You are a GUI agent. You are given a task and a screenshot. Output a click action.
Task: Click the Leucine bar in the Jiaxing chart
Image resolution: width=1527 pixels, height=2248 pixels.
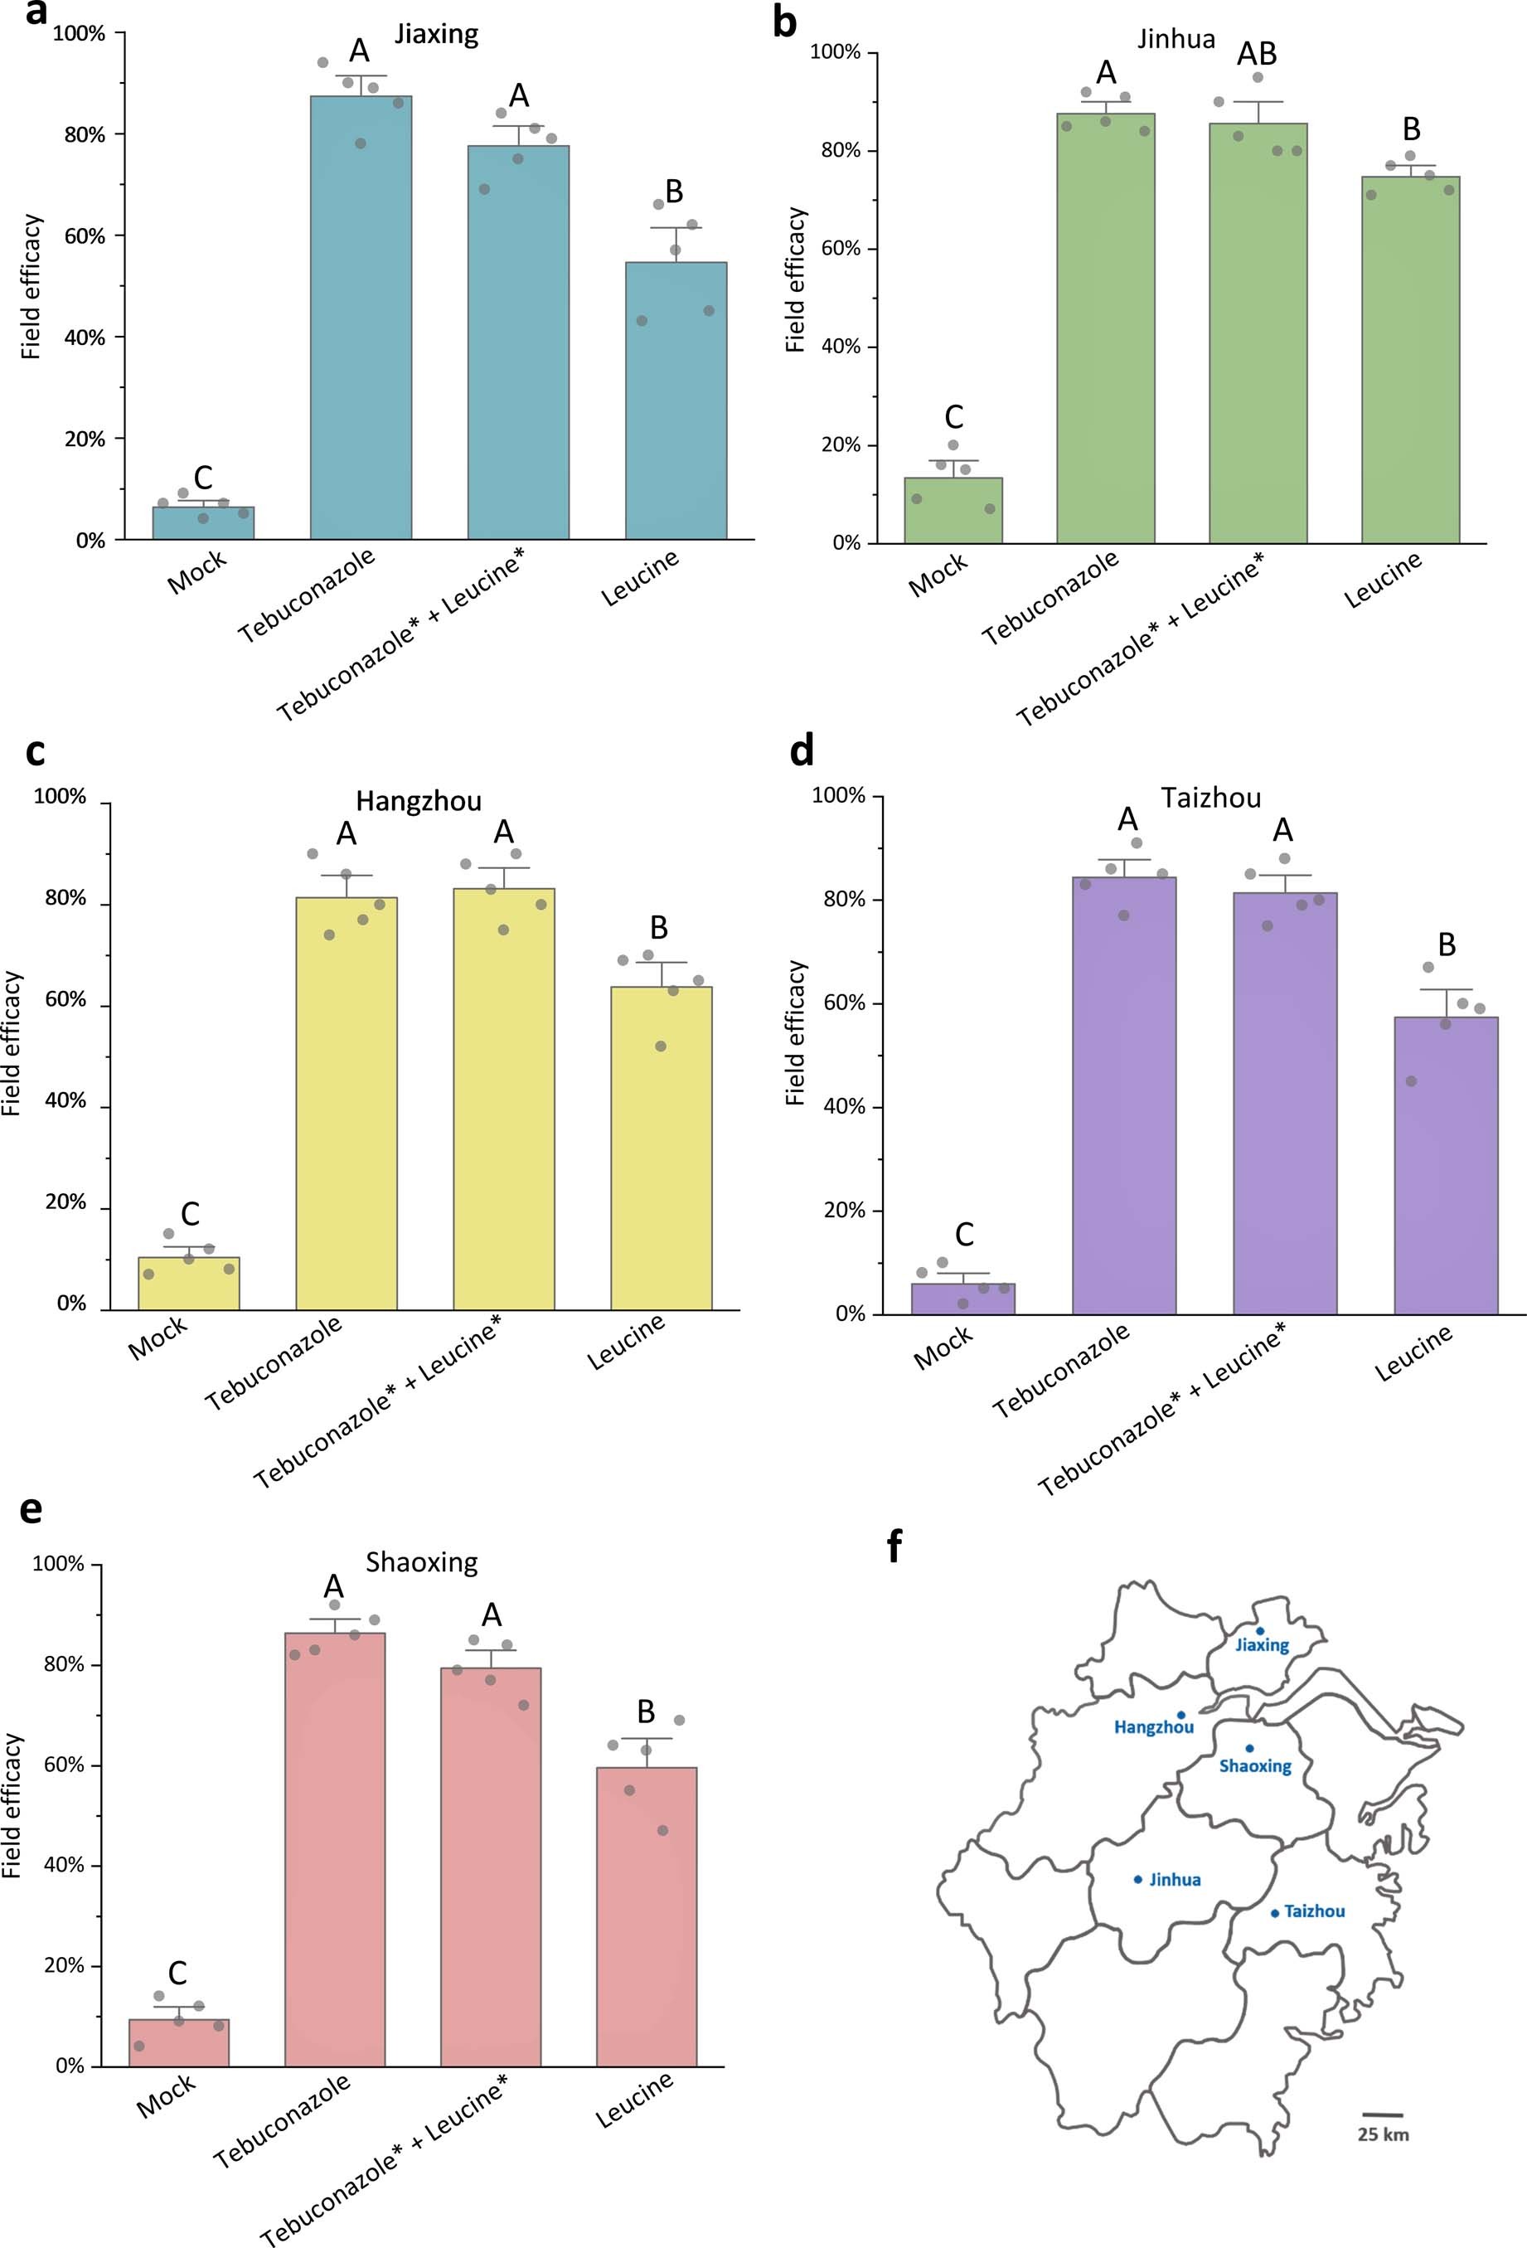(x=675, y=401)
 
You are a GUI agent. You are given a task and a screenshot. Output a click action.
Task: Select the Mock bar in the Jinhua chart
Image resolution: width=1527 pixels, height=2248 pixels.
(x=953, y=511)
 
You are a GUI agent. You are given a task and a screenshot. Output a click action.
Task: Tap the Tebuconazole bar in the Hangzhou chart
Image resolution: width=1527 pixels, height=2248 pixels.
(x=347, y=1103)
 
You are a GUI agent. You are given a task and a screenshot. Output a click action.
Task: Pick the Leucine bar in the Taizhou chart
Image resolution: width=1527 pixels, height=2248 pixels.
(x=1445, y=1166)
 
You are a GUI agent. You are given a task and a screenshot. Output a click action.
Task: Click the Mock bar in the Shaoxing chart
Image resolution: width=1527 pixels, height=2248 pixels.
(x=179, y=2042)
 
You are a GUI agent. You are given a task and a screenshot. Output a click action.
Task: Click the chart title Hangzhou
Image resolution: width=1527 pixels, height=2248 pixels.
(x=418, y=801)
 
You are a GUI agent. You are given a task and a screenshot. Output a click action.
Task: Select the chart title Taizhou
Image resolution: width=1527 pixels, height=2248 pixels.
(x=1211, y=798)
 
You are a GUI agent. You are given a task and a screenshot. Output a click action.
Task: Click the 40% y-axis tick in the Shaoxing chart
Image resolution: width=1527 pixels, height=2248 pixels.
(x=64, y=1865)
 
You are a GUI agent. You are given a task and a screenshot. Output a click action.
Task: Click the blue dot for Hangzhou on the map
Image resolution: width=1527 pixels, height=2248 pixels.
(x=1180, y=1715)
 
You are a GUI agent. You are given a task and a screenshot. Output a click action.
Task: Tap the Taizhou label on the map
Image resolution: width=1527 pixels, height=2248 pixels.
(x=1313, y=1911)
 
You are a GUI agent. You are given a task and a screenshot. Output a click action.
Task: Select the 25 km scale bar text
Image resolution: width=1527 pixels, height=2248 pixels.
(x=1382, y=2134)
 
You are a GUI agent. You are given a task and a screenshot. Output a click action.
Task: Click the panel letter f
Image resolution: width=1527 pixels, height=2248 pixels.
(x=894, y=1546)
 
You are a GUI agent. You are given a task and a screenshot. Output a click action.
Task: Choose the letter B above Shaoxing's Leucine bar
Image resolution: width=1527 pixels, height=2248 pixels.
(x=645, y=1711)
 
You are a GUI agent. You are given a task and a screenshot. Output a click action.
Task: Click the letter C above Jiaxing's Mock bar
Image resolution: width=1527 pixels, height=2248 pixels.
(x=202, y=477)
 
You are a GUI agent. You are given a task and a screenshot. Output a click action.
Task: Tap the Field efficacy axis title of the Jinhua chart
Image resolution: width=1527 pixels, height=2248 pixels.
(x=795, y=279)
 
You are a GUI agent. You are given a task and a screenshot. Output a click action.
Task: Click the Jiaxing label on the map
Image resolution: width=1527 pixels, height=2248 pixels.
(x=1261, y=1644)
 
